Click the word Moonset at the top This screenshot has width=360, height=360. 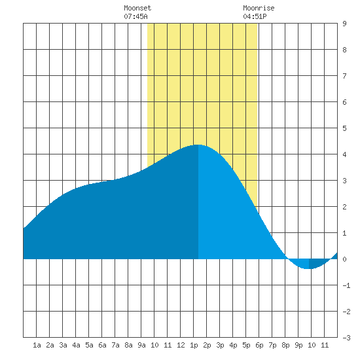click(137, 8)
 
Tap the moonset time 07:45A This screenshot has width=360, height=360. click(135, 16)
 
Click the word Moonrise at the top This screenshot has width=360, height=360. click(259, 8)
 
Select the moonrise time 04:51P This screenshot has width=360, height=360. click(255, 16)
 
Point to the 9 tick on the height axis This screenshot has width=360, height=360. click(344, 24)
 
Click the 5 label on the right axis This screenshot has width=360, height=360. click(344, 128)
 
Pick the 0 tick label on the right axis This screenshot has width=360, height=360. click(344, 259)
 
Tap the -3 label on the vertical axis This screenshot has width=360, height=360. click(346, 338)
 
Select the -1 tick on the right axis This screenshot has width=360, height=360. click(346, 285)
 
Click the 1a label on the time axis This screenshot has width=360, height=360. click(37, 345)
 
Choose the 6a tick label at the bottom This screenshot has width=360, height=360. click(102, 345)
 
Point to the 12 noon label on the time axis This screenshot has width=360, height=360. click(181, 345)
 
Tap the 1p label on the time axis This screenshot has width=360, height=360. click(194, 345)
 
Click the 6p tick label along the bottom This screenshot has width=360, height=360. click(259, 345)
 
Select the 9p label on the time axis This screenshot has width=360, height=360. click(298, 345)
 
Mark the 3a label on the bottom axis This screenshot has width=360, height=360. click(63, 345)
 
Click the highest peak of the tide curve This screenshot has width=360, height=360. click(198, 145)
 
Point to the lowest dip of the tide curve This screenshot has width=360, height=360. click(308, 268)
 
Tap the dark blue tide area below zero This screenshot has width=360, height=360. click(317, 263)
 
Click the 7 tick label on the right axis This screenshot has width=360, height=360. click(344, 76)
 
